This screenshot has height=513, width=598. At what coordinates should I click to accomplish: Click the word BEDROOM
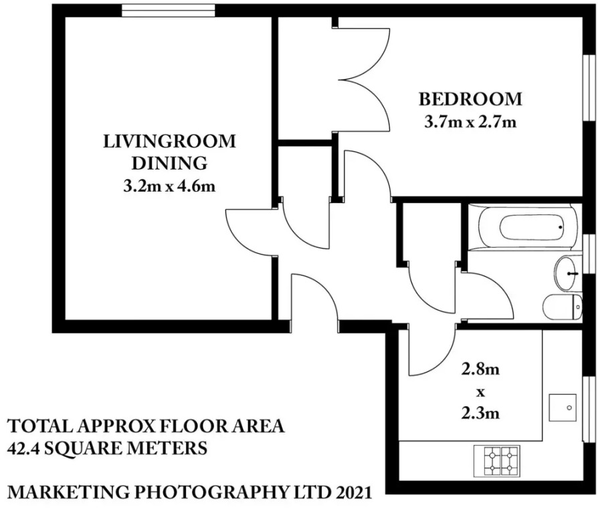(470, 100)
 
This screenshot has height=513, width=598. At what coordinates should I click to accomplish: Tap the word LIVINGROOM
(170, 142)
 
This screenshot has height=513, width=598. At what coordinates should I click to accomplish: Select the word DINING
(169, 163)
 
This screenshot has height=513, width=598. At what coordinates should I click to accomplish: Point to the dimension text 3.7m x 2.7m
(470, 122)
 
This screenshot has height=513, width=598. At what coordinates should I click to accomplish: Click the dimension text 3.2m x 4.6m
(169, 186)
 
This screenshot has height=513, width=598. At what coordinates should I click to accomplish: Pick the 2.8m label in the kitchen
(480, 369)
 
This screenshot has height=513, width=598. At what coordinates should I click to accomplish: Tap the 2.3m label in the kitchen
(480, 412)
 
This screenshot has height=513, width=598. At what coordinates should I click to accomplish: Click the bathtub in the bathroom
(524, 228)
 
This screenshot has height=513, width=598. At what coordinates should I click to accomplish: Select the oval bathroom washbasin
(567, 273)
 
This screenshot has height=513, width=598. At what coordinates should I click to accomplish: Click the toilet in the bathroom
(562, 307)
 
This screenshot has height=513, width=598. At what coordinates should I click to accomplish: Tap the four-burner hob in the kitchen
(497, 461)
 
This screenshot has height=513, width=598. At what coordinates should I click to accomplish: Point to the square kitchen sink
(563, 407)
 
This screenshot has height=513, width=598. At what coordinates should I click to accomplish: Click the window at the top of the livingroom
(168, 11)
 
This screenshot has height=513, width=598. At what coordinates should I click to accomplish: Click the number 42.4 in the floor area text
(23, 448)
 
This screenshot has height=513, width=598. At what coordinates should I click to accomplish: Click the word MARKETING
(69, 492)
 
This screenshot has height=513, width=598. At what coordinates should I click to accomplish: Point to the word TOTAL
(40, 425)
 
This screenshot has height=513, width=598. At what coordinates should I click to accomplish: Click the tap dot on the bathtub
(561, 227)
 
